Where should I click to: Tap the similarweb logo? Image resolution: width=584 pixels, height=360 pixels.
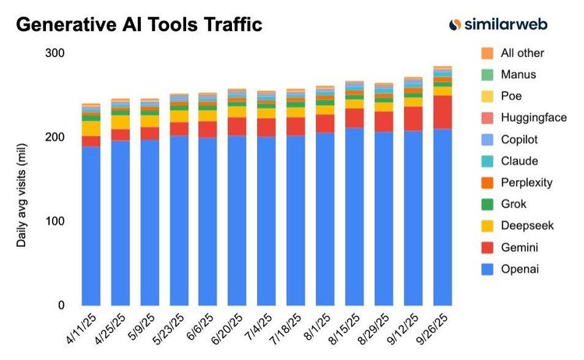click(x=498, y=25)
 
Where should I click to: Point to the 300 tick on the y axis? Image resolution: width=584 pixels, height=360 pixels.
click(x=55, y=53)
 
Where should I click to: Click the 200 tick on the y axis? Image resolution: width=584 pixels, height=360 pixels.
click(x=55, y=137)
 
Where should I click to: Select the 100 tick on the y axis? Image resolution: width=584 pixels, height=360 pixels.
click(x=55, y=221)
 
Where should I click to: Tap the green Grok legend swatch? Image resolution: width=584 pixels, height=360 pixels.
click(x=487, y=204)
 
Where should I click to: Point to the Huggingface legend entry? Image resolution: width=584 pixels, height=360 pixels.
click(x=533, y=118)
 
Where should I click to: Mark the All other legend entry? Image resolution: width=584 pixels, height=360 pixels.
click(x=522, y=53)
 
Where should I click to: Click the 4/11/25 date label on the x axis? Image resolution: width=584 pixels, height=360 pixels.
click(x=81, y=330)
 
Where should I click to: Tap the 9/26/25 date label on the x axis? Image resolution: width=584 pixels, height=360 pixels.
click(x=432, y=330)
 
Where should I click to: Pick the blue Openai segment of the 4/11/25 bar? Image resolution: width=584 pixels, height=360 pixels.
click(x=91, y=226)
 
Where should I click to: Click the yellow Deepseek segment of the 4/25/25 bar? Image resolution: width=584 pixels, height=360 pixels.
click(x=121, y=122)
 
